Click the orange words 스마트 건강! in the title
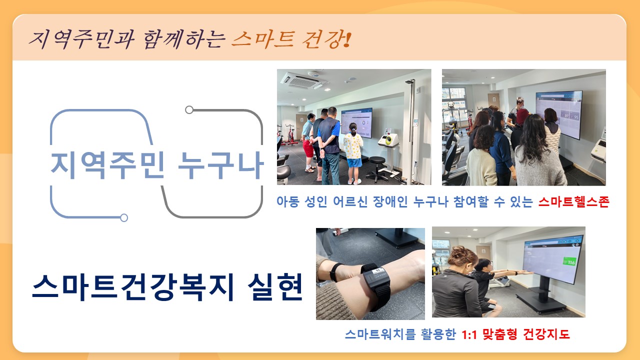[291, 39]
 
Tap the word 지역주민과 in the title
[81, 39]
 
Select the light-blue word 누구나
[220, 165]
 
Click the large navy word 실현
[275, 287]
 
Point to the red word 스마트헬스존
[573, 201]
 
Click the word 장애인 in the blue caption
[390, 201]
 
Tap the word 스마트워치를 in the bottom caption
[380, 334]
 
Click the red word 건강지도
[546, 334]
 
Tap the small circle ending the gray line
[189, 109]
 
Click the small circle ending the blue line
[124, 217]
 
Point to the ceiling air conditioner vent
[303, 80]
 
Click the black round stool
[377, 168]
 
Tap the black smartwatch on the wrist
[375, 284]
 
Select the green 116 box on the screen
[569, 261]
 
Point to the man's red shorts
[308, 148]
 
